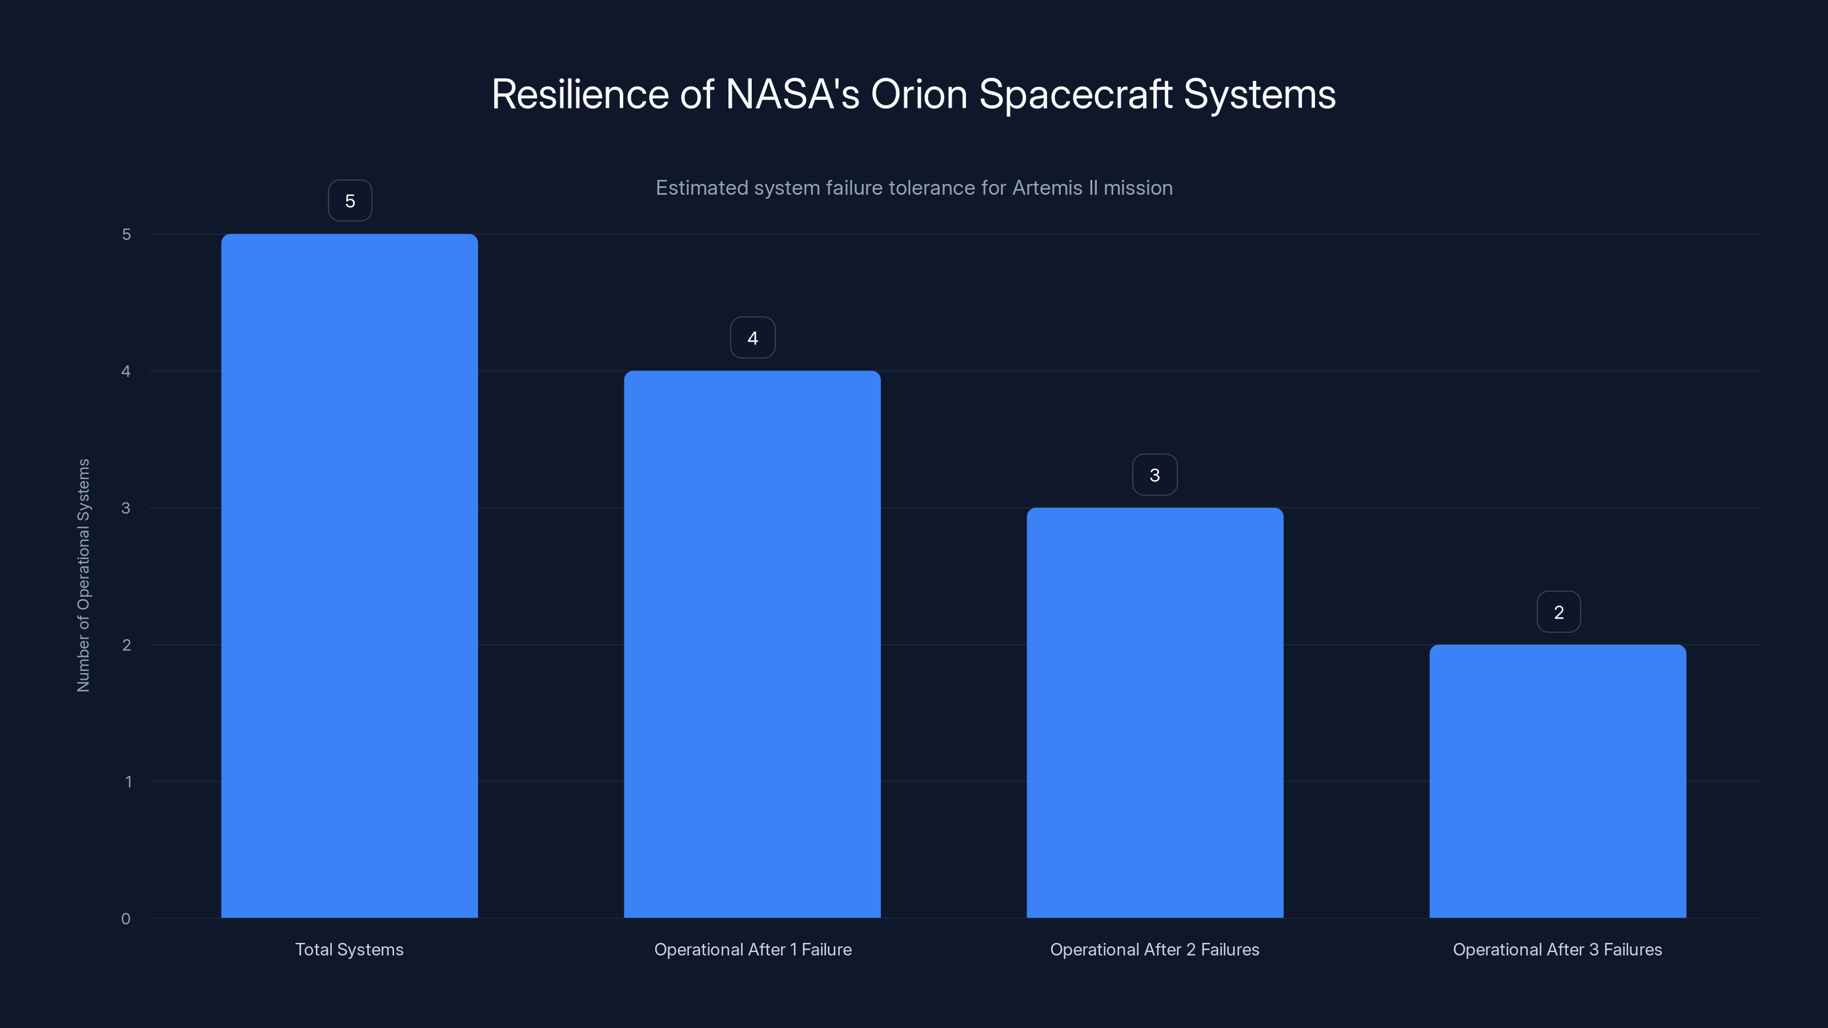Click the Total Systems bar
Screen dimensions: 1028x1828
[349, 575]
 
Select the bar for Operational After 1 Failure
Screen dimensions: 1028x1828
[752, 644]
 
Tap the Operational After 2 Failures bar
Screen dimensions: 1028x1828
[1154, 712]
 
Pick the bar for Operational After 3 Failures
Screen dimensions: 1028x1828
[1558, 780]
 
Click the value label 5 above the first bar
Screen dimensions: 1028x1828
[350, 201]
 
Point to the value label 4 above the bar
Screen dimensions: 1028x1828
[752, 338]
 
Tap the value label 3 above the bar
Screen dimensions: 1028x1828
[1154, 475]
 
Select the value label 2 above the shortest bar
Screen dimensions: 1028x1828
[1558, 612]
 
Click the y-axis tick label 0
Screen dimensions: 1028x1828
[126, 919]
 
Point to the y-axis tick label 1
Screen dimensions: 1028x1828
[128, 782]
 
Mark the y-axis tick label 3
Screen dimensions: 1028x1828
[126, 508]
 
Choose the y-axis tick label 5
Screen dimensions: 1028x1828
[126, 234]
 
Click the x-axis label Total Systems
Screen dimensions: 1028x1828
[349, 949]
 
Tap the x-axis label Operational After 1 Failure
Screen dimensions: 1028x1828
[752, 949]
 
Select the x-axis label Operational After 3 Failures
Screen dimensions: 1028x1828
[1558, 949]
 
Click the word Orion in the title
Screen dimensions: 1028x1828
[919, 94]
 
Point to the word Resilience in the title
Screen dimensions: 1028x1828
[580, 94]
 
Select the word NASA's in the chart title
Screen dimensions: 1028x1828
[792, 94]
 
